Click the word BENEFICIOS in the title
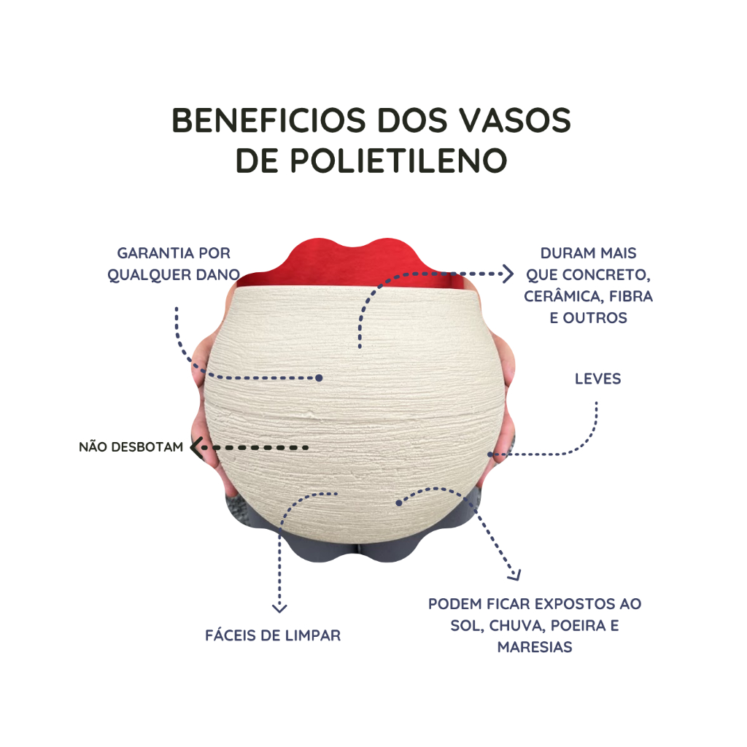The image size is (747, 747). (268, 120)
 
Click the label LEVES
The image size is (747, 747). (598, 379)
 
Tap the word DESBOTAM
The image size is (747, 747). (147, 447)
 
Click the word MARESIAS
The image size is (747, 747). (535, 647)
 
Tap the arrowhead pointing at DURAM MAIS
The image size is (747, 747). (508, 274)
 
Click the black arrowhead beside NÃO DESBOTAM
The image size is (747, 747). (196, 447)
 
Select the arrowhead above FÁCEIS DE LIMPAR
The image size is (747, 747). (279, 608)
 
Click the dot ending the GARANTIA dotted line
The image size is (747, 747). (320, 378)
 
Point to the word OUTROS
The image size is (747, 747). (595, 318)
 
